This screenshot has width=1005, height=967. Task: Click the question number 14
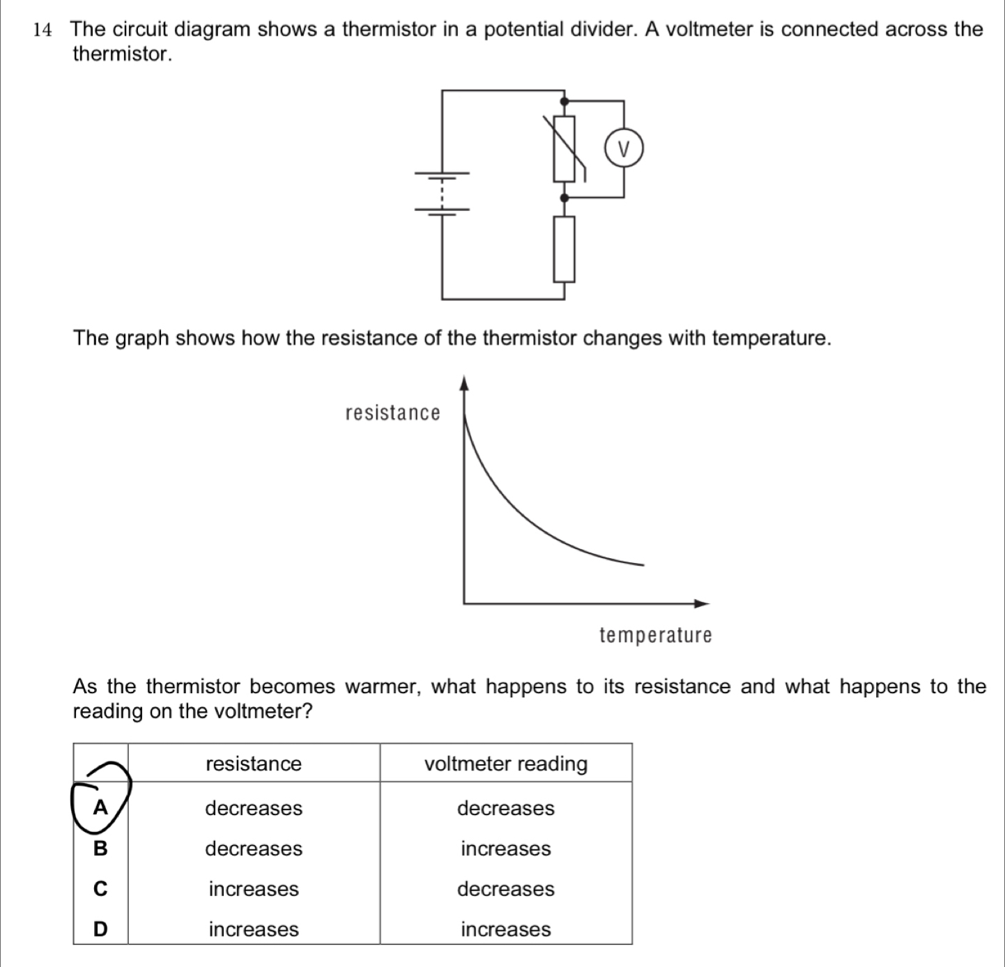43,30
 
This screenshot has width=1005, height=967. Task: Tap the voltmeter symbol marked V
623,148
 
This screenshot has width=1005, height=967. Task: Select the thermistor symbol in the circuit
565,148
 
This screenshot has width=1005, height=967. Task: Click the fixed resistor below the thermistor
565,249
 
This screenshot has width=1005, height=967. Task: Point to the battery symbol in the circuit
443,192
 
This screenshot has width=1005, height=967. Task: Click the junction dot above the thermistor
565,101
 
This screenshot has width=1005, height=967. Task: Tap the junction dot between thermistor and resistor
565,197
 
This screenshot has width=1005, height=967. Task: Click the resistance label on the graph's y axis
393,413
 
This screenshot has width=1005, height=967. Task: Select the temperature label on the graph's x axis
655,635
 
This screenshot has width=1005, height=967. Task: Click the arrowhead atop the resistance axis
463,382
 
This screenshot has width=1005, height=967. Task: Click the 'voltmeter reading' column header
506,764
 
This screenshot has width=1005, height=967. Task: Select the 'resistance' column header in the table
254,764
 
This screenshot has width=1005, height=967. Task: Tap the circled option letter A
101,807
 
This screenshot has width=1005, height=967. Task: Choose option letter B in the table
101,849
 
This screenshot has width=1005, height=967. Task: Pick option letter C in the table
101,889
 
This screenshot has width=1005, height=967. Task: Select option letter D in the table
101,929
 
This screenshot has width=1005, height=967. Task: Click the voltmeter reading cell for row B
506,849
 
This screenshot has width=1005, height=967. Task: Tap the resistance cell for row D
254,929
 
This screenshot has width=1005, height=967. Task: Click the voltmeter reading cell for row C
506,889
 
